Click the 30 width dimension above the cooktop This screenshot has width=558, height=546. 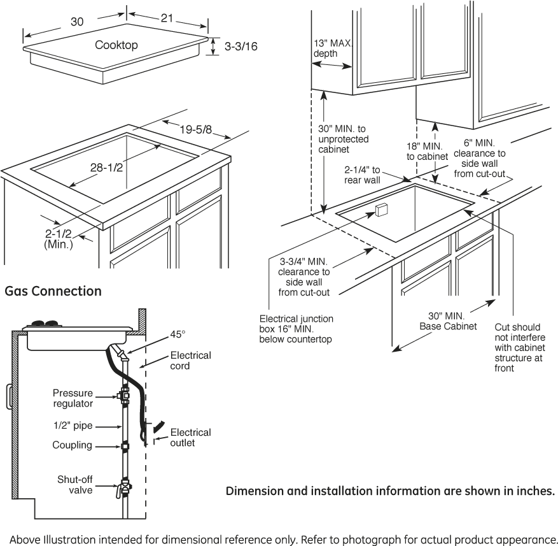77,22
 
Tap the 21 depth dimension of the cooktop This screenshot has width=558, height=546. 167,18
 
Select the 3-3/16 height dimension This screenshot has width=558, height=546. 241,47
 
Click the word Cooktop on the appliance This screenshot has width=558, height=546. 116,45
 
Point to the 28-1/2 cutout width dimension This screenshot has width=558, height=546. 106,168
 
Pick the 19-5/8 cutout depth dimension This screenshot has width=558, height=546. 195,130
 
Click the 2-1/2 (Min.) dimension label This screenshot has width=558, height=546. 59,238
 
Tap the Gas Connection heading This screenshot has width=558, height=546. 53,291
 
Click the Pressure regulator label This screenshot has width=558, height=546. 73,398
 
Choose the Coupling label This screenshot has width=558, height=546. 73,445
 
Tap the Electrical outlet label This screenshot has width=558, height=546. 190,438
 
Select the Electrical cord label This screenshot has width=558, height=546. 190,361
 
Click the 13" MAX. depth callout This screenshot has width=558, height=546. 331,49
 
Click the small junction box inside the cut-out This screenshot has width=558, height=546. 381,210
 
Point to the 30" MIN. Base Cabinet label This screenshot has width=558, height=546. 448,321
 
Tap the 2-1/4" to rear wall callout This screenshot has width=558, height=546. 363,175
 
